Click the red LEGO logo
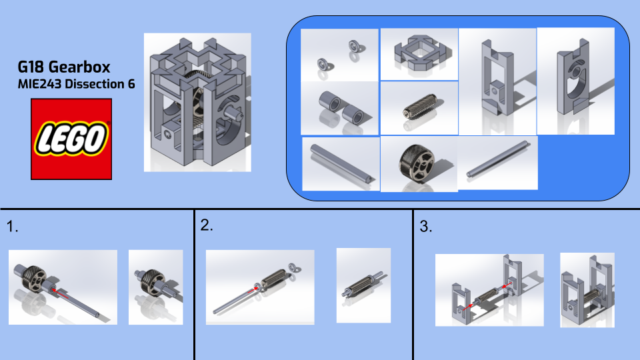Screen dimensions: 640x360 point(71,139)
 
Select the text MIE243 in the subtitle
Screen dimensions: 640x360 point(39,84)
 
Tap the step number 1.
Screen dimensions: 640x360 point(12,227)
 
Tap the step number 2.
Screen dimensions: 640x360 point(207,225)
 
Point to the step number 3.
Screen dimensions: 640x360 point(426,227)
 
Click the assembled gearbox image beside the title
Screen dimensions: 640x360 point(197,103)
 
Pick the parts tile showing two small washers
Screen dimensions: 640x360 point(339,55)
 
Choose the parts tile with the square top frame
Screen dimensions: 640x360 point(419,54)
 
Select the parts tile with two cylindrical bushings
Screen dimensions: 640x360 point(340,108)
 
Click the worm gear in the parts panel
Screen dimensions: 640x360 point(420,108)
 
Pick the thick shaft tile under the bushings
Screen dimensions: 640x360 point(341,164)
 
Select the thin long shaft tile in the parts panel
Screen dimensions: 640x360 point(498,163)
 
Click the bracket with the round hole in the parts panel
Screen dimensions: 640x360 point(497,81)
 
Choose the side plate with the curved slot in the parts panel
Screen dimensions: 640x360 point(575,81)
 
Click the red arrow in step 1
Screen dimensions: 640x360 point(60,294)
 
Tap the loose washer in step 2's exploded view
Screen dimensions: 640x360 point(293,268)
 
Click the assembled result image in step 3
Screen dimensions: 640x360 point(587,290)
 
